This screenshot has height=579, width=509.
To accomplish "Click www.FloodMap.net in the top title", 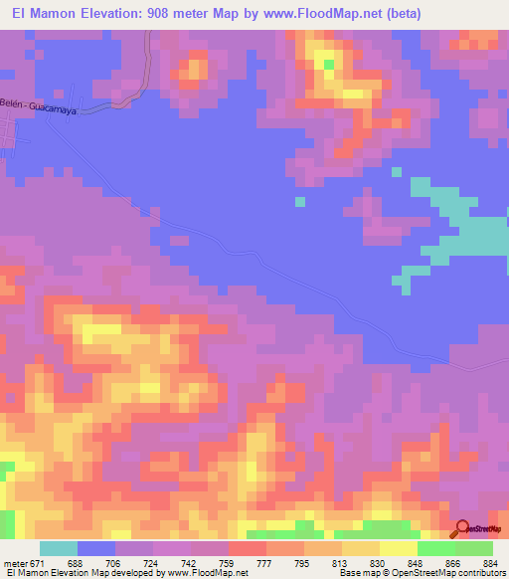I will (x=313, y=14).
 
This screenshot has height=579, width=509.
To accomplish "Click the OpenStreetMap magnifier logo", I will (x=463, y=529).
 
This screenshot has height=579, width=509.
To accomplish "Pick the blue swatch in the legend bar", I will (x=95, y=548).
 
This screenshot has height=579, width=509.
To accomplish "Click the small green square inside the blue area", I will (x=300, y=202).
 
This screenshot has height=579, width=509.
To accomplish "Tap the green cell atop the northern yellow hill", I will (x=329, y=67).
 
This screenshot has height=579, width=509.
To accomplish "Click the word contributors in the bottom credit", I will (x=478, y=573).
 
